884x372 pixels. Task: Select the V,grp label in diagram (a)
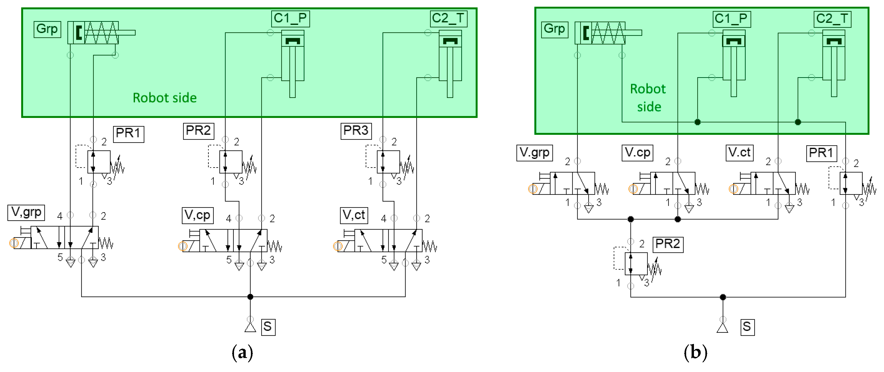click(26, 212)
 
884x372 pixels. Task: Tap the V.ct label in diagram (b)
click(739, 152)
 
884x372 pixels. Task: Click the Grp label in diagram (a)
click(47, 29)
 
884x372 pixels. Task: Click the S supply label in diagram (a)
click(268, 327)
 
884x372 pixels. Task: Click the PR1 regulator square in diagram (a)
click(99, 162)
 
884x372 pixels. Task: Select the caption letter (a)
click(242, 353)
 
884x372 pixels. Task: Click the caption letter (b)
click(695, 353)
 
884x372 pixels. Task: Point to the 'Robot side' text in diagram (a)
click(165, 98)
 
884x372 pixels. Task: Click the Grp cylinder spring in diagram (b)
click(608, 33)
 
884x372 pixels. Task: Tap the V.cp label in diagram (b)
click(637, 152)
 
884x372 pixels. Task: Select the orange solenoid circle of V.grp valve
click(532, 189)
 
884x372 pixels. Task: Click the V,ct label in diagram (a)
click(354, 215)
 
